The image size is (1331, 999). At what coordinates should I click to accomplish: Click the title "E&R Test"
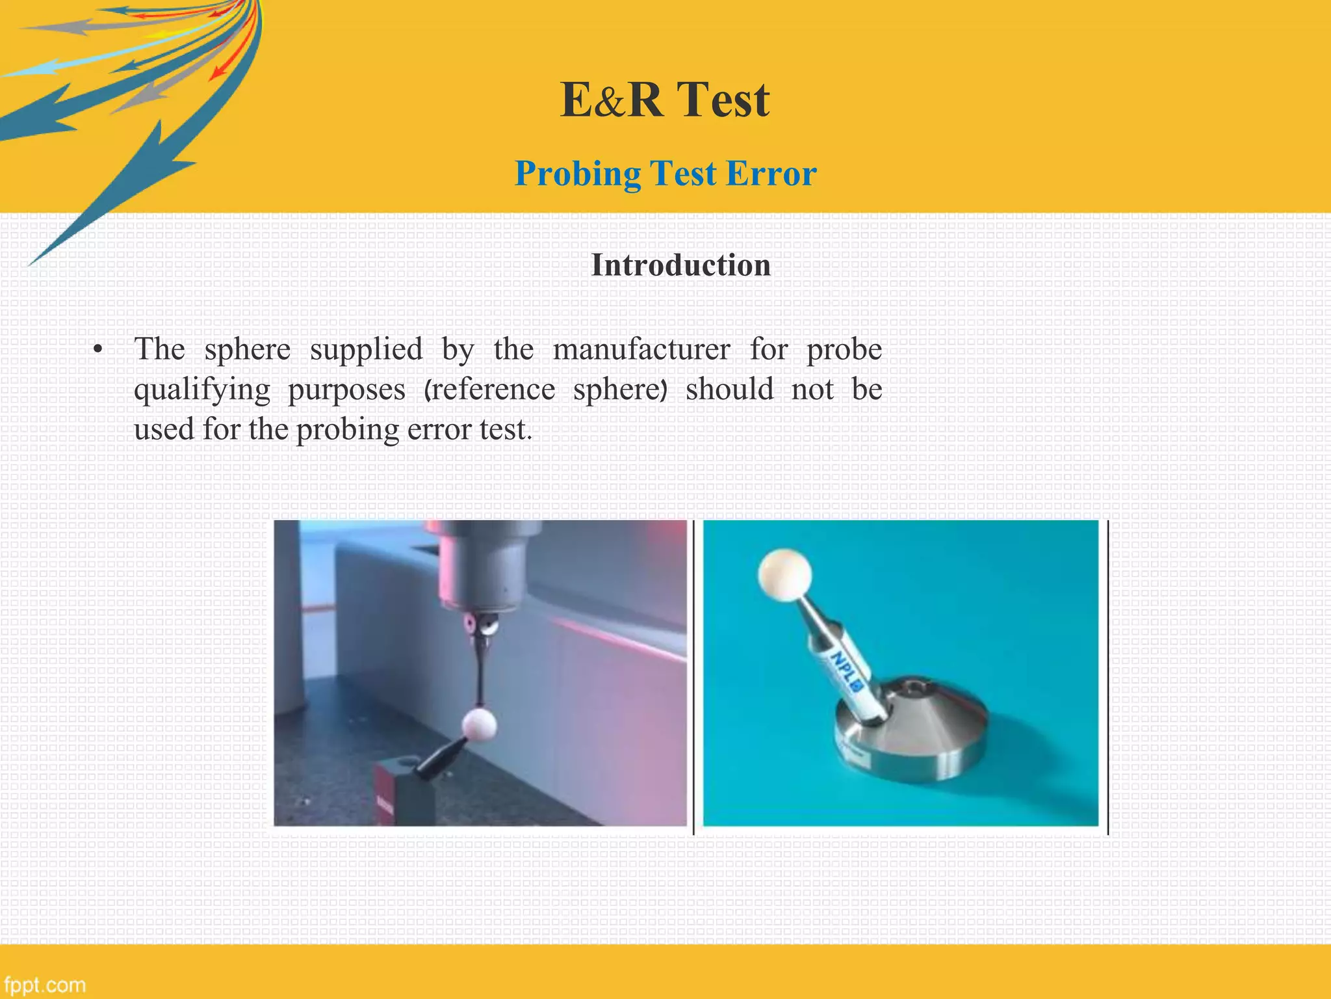pyautogui.click(x=665, y=100)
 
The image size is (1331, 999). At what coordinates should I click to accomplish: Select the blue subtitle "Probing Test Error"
pyautogui.click(x=665, y=174)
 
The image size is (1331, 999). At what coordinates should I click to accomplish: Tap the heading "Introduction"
pyautogui.click(x=680, y=265)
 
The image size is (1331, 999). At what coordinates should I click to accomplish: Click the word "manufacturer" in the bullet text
pyautogui.click(x=641, y=350)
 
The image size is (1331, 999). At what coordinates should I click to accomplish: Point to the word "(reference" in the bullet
pyautogui.click(x=489, y=390)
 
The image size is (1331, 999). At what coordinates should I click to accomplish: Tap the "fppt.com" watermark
pyautogui.click(x=44, y=985)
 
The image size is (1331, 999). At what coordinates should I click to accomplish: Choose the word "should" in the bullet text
pyautogui.click(x=729, y=390)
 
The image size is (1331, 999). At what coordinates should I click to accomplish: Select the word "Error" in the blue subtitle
pyautogui.click(x=771, y=174)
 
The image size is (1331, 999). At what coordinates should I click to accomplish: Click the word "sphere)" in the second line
pyautogui.click(x=620, y=390)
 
